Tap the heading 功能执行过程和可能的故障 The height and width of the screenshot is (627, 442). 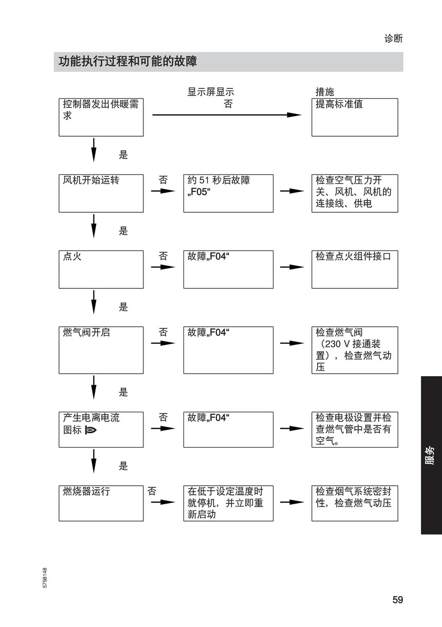[x=127, y=61]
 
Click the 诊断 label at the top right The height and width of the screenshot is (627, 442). [x=393, y=39]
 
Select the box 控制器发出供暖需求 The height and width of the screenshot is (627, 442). [x=101, y=117]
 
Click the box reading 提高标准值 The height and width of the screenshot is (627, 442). [x=355, y=117]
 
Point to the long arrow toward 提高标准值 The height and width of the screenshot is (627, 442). [x=227, y=115]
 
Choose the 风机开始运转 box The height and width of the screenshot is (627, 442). [x=101, y=193]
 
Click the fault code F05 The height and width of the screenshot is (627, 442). [x=199, y=192]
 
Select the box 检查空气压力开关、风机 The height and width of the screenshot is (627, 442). [x=355, y=193]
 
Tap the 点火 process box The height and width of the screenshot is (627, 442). [x=101, y=269]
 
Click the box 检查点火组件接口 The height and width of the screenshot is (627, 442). [x=355, y=269]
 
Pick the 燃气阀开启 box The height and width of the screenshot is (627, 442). [x=101, y=350]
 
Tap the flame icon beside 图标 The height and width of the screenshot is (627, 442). [x=90, y=430]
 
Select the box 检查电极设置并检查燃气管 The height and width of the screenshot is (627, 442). [x=355, y=430]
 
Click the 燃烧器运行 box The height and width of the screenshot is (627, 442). [x=101, y=503]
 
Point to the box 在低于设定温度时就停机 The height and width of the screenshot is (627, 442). [x=228, y=503]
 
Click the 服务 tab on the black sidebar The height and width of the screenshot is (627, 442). [x=430, y=455]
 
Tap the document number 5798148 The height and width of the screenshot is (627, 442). [x=45, y=578]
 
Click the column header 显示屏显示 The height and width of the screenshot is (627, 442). [x=211, y=92]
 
